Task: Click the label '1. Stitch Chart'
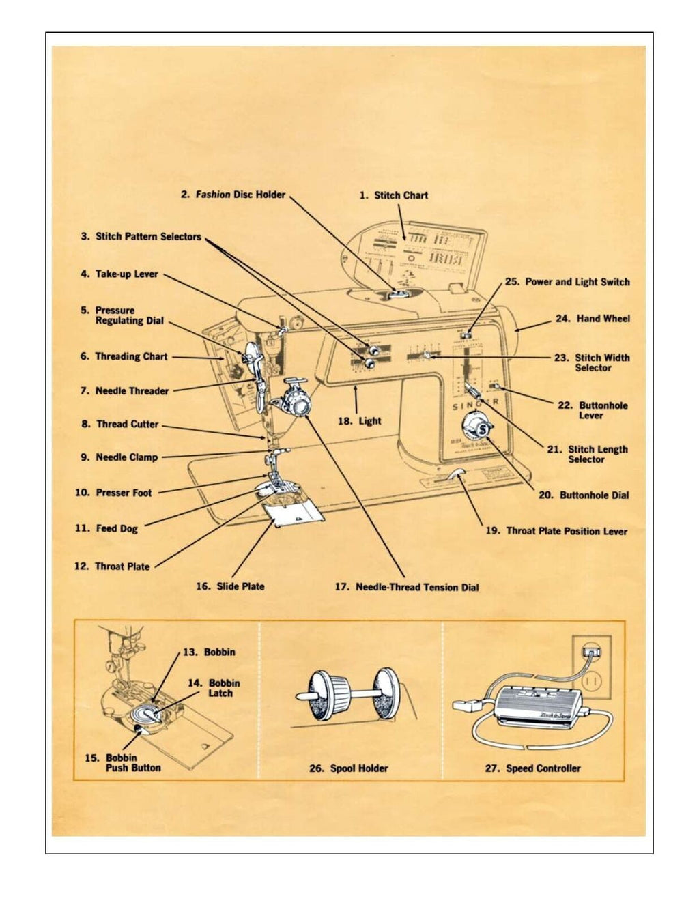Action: pos(394,195)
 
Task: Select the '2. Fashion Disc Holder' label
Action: pos(233,195)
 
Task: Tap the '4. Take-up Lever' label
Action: pos(119,274)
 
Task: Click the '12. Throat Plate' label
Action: pos(112,566)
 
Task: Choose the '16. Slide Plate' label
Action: pos(230,586)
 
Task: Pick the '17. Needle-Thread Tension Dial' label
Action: pos(407,587)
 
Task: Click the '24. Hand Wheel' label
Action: pos(593,319)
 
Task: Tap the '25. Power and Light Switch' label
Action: pos(567,282)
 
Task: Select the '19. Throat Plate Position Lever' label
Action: pos(556,531)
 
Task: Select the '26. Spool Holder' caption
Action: pos(349,768)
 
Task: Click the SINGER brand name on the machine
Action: pos(475,405)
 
